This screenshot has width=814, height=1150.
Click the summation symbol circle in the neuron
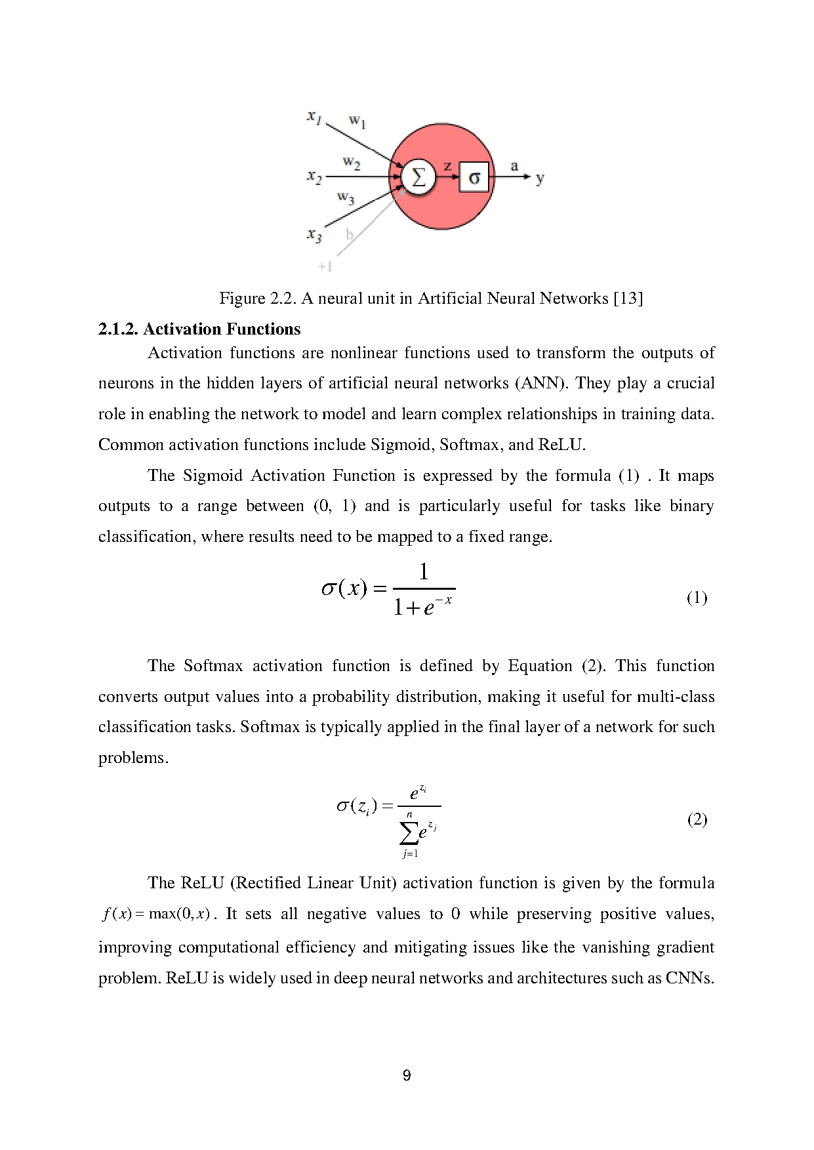[418, 176]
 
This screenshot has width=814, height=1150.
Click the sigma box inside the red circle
[474, 177]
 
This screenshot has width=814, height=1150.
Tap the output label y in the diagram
[540, 178]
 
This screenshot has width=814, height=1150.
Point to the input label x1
[314, 117]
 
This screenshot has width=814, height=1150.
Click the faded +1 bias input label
[325, 266]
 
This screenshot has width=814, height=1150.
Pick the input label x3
[314, 235]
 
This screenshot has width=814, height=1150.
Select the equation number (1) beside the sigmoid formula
[697, 598]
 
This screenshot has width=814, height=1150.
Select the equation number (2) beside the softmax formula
[697, 819]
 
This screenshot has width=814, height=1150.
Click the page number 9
[407, 1075]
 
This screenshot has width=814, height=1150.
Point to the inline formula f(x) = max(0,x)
[156, 914]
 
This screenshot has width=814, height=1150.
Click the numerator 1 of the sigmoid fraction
[424, 573]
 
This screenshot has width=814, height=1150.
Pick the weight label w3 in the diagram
[346, 197]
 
